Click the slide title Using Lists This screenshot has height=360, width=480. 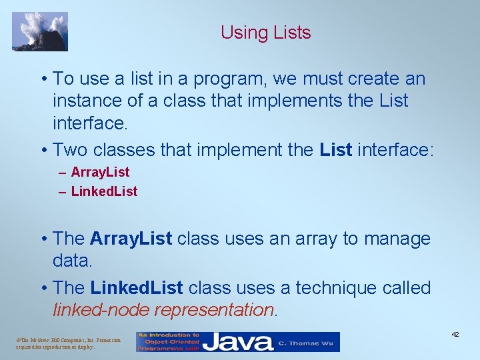click(265, 33)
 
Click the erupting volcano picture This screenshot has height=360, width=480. click(40, 31)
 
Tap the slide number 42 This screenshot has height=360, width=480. click(455, 334)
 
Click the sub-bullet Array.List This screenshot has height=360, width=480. click(100, 172)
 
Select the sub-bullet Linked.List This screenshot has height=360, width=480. click(104, 191)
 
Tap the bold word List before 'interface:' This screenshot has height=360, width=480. click(336, 149)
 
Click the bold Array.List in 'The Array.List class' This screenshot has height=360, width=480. click(131, 239)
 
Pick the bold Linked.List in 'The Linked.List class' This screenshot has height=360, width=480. click(136, 288)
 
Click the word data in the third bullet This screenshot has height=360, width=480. click(71, 261)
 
